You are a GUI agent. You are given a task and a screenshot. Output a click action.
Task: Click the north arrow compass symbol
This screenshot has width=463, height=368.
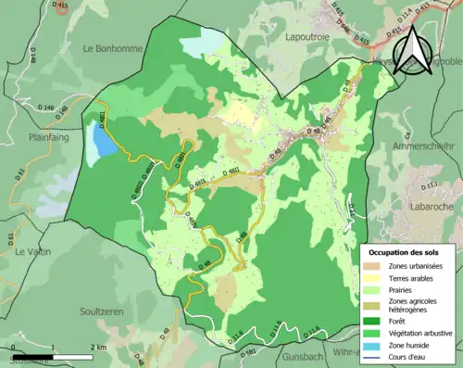tap(414, 48)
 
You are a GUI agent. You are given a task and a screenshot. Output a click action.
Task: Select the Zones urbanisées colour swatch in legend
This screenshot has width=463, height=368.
tap(374, 266)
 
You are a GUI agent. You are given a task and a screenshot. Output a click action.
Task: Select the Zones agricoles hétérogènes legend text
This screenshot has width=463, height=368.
tap(413, 307)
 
